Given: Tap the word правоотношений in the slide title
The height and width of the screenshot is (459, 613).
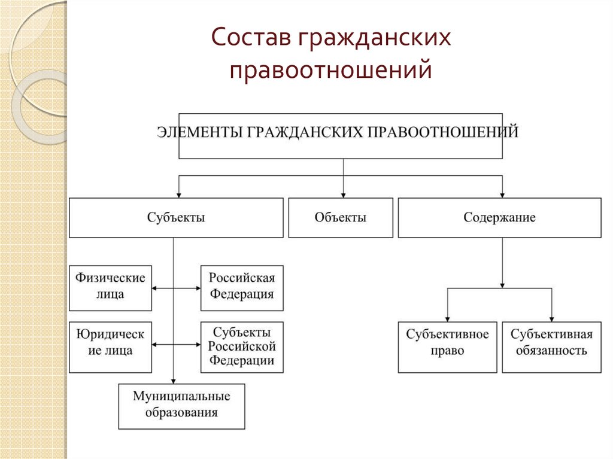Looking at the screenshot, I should click(x=331, y=69).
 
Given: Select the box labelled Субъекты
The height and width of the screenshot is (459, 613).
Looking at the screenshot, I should click(x=176, y=218).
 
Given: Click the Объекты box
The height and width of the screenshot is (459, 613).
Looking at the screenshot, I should click(x=341, y=218).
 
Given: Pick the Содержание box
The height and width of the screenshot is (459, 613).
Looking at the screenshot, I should click(x=499, y=218).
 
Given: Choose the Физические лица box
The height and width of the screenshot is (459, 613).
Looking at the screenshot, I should click(x=110, y=288).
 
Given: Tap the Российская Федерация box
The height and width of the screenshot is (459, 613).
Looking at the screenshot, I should click(x=242, y=288).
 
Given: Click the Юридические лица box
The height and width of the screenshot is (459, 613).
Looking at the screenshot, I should click(x=110, y=347).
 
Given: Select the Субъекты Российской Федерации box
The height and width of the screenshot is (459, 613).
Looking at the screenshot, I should click(x=242, y=347).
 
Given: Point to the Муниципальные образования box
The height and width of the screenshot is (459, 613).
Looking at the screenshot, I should click(x=181, y=406).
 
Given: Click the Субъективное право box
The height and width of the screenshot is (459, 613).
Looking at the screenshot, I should click(x=447, y=347).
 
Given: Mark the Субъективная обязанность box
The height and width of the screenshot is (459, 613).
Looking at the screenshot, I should click(x=551, y=347).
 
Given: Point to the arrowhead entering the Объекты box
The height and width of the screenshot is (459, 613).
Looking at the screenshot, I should click(x=343, y=194).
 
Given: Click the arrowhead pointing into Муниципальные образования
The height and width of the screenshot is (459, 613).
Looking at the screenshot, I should click(x=174, y=380).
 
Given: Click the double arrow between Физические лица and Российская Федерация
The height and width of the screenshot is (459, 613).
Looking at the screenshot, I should click(x=176, y=288).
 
